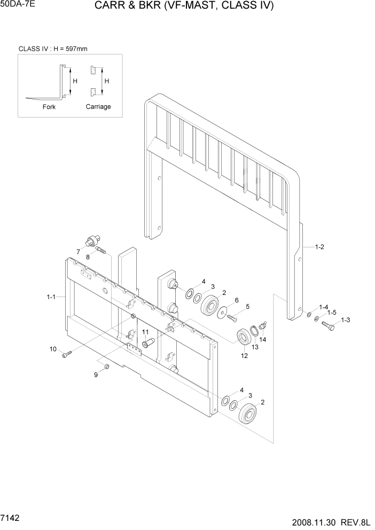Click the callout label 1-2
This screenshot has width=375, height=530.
pos(320,247)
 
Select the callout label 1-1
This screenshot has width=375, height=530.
pos(51,296)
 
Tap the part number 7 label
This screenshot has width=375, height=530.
pos(78,252)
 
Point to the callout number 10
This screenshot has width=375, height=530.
pos(53,349)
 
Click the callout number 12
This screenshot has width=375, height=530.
pos(245,356)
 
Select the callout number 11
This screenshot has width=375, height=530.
pos(145,332)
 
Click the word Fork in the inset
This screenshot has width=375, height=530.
pos(49,107)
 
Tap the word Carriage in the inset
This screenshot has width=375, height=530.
pos(98,107)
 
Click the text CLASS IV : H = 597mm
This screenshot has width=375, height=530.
pos(53,49)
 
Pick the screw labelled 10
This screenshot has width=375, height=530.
pos(66,354)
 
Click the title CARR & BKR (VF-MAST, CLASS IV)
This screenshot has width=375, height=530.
pos(184,6)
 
